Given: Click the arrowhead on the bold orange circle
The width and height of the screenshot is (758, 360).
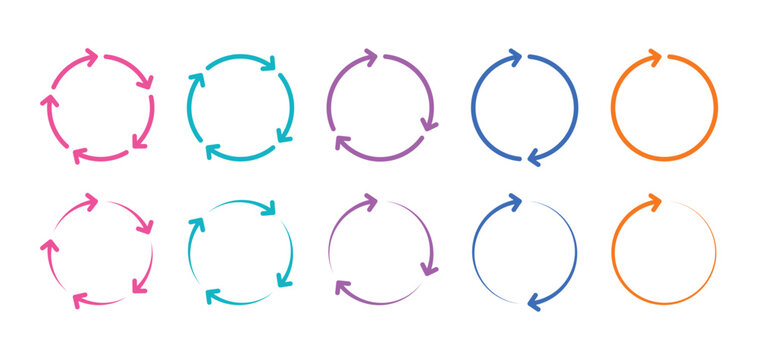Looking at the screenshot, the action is click(x=656, y=57).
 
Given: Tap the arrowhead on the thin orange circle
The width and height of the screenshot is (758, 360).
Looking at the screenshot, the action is click(x=656, y=203).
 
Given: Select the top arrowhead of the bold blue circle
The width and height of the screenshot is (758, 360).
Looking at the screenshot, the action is click(x=516, y=58).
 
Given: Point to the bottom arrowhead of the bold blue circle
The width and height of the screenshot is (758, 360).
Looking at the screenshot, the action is click(x=534, y=157).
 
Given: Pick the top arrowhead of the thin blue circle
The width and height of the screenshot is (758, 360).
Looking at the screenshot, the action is click(x=516, y=203).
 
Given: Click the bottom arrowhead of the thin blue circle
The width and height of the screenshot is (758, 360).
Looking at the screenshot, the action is click(x=534, y=301).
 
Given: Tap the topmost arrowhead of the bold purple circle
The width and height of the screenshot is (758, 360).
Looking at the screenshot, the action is click(x=371, y=58).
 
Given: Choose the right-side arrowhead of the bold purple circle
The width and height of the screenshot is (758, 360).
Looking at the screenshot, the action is click(x=430, y=123).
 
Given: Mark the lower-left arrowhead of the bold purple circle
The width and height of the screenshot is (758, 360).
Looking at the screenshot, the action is click(x=342, y=142).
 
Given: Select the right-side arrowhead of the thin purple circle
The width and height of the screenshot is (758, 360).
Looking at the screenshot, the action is click(x=430, y=268).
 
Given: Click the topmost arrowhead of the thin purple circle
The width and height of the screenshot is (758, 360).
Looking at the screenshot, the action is click(x=371, y=203).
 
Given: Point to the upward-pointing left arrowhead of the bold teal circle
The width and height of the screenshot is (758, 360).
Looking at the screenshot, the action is click(x=196, y=80).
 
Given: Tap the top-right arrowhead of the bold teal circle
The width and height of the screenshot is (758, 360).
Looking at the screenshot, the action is click(x=268, y=65).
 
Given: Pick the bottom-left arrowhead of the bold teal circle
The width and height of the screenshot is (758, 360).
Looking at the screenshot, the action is click(x=213, y=151).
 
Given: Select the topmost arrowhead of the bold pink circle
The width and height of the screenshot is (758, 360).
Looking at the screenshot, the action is click(x=91, y=58).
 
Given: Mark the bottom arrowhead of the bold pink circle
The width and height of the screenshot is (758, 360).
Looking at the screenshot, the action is click(x=79, y=155).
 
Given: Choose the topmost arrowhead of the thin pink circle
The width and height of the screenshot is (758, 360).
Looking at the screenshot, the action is click(x=91, y=203).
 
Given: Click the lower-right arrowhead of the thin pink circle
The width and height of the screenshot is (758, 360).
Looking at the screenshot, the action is click(x=140, y=287).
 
